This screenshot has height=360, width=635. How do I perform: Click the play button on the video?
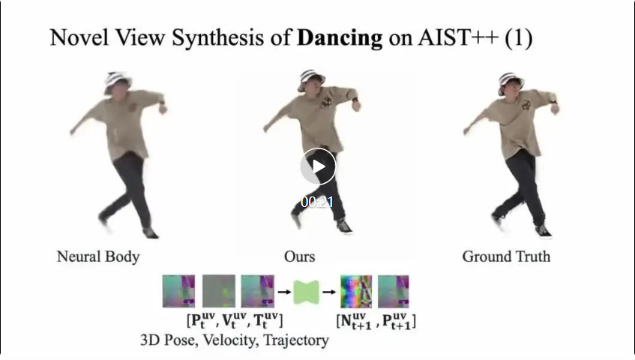(x=318, y=166)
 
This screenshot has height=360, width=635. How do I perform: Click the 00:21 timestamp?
(x=317, y=202)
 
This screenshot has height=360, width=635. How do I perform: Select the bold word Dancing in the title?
(x=340, y=38)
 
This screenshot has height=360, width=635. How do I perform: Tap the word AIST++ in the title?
(x=454, y=38)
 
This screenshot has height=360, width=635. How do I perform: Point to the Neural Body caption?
(x=98, y=256)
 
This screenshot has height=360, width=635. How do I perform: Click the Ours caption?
(x=300, y=256)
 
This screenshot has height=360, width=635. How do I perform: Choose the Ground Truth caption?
(x=506, y=256)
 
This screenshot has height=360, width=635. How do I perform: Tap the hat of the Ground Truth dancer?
(x=511, y=79)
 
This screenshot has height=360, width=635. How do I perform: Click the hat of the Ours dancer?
(x=311, y=79)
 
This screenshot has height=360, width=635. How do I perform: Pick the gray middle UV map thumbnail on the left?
(x=218, y=291)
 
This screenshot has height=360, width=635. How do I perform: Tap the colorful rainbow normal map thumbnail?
(x=355, y=292)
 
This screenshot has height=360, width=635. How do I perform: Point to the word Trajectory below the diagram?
(x=293, y=340)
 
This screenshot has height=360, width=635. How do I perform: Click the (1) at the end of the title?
(x=518, y=38)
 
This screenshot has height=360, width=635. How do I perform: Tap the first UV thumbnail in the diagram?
(x=179, y=291)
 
